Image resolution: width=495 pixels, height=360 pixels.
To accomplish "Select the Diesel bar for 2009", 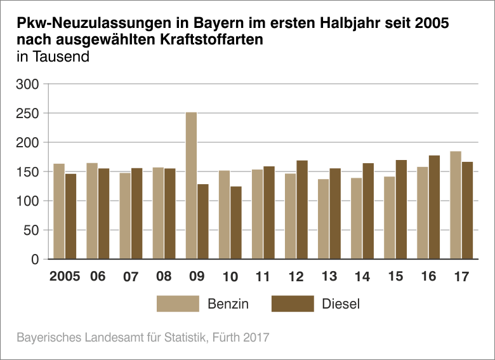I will [203, 222].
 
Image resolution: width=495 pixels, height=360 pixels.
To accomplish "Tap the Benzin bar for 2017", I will [456, 205].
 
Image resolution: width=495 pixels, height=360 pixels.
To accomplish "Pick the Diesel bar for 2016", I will [434, 207].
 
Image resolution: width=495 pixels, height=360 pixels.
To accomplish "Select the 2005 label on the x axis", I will [64, 277].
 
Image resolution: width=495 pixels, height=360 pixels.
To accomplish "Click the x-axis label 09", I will [197, 277].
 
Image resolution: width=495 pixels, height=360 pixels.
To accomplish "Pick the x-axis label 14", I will [362, 277].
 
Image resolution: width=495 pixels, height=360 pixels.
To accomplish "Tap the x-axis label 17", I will [461, 277].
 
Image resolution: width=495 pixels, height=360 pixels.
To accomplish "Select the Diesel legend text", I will [341, 303].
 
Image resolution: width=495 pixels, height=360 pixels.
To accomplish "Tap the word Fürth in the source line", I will [225, 337].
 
